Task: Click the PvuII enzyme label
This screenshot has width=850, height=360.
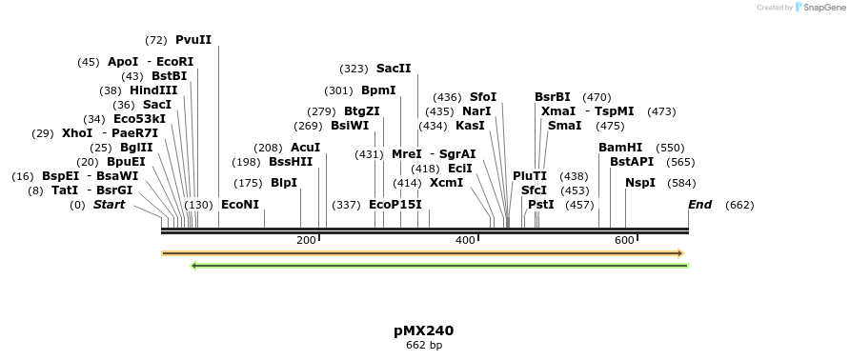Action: [x=193, y=40]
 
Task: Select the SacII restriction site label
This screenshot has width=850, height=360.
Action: [x=394, y=69]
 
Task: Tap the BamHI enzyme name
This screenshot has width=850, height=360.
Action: [x=620, y=148]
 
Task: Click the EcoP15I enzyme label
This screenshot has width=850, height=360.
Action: [x=395, y=205]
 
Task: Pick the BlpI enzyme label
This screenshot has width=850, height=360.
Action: [x=284, y=183]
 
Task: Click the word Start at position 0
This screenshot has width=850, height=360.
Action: [x=109, y=205]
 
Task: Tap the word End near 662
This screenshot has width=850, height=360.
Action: [x=699, y=205]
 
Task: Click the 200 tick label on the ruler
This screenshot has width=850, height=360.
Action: [x=306, y=240]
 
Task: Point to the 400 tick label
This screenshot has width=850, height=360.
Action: [x=465, y=240]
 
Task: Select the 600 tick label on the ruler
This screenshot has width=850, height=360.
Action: [x=624, y=240]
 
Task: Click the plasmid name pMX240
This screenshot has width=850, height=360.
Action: [x=424, y=330]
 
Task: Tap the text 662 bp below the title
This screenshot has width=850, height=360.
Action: [x=424, y=345]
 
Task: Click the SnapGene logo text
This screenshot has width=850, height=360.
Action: [x=820, y=8]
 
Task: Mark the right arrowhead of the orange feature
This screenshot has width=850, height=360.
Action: [x=680, y=253]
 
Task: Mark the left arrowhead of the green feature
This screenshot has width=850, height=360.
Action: [x=194, y=266]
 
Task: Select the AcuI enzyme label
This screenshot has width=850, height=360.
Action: [x=305, y=148]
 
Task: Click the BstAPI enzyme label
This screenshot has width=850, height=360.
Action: [x=632, y=162]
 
